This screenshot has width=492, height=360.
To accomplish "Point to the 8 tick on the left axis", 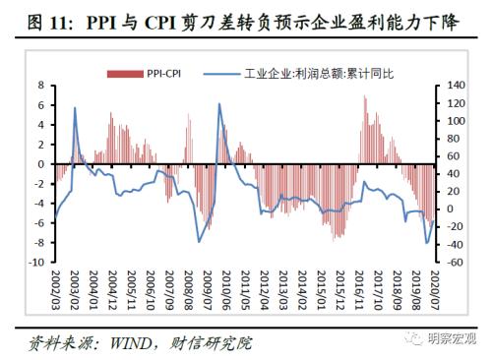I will [x=40, y=85].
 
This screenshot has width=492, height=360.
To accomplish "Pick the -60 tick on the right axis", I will [x=456, y=263].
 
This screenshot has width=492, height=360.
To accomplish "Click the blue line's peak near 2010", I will [x=219, y=103].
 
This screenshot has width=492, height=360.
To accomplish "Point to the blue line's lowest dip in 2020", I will [x=427, y=242].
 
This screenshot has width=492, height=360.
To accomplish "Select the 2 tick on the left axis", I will [x=40, y=144].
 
